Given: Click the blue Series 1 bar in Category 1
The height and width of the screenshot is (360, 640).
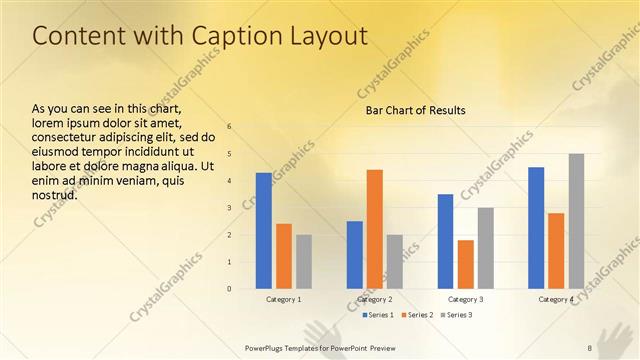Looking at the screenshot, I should tap(263, 231).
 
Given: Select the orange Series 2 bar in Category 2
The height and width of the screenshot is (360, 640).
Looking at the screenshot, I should tap(374, 229).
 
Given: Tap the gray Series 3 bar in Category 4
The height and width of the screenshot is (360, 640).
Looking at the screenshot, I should tap(576, 221).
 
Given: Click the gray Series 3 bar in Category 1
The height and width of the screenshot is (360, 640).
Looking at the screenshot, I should tap(303, 262).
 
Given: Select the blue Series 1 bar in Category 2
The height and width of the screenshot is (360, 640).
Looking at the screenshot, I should tap(354, 255).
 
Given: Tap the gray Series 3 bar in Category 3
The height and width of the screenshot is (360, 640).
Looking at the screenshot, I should tap(485, 248).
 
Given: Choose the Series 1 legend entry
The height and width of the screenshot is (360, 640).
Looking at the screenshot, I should tap(378, 315).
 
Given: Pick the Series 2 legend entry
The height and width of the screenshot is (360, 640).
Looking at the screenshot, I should tap(418, 315).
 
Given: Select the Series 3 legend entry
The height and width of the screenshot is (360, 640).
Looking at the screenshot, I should tap(458, 315).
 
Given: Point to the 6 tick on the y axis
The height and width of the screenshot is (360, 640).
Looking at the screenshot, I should tap(229, 127).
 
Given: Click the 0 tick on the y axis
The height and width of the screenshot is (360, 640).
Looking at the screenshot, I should tap(229, 289).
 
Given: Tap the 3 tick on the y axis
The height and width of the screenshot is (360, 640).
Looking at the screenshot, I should tap(229, 208).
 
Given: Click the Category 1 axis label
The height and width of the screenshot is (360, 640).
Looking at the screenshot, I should tap(284, 299).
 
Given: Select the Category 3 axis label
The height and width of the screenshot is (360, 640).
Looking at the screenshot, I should tap(465, 299).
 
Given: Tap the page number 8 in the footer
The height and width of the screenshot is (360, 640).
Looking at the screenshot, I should tap(590, 347).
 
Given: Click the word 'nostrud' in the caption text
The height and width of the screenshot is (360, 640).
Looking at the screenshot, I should tap(54, 196).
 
